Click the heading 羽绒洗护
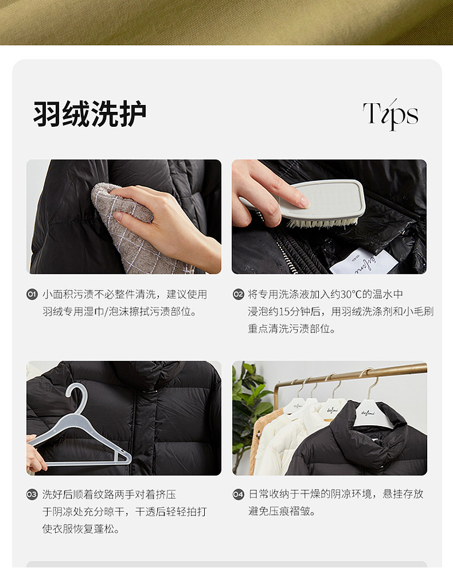(90, 114)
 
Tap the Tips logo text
(390, 114)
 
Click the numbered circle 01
(32, 294)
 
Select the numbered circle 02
(239, 294)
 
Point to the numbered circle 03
(32, 495)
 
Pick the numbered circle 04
(239, 494)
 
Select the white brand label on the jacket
(364, 262)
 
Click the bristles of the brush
(322, 221)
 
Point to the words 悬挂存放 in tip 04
(403, 494)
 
